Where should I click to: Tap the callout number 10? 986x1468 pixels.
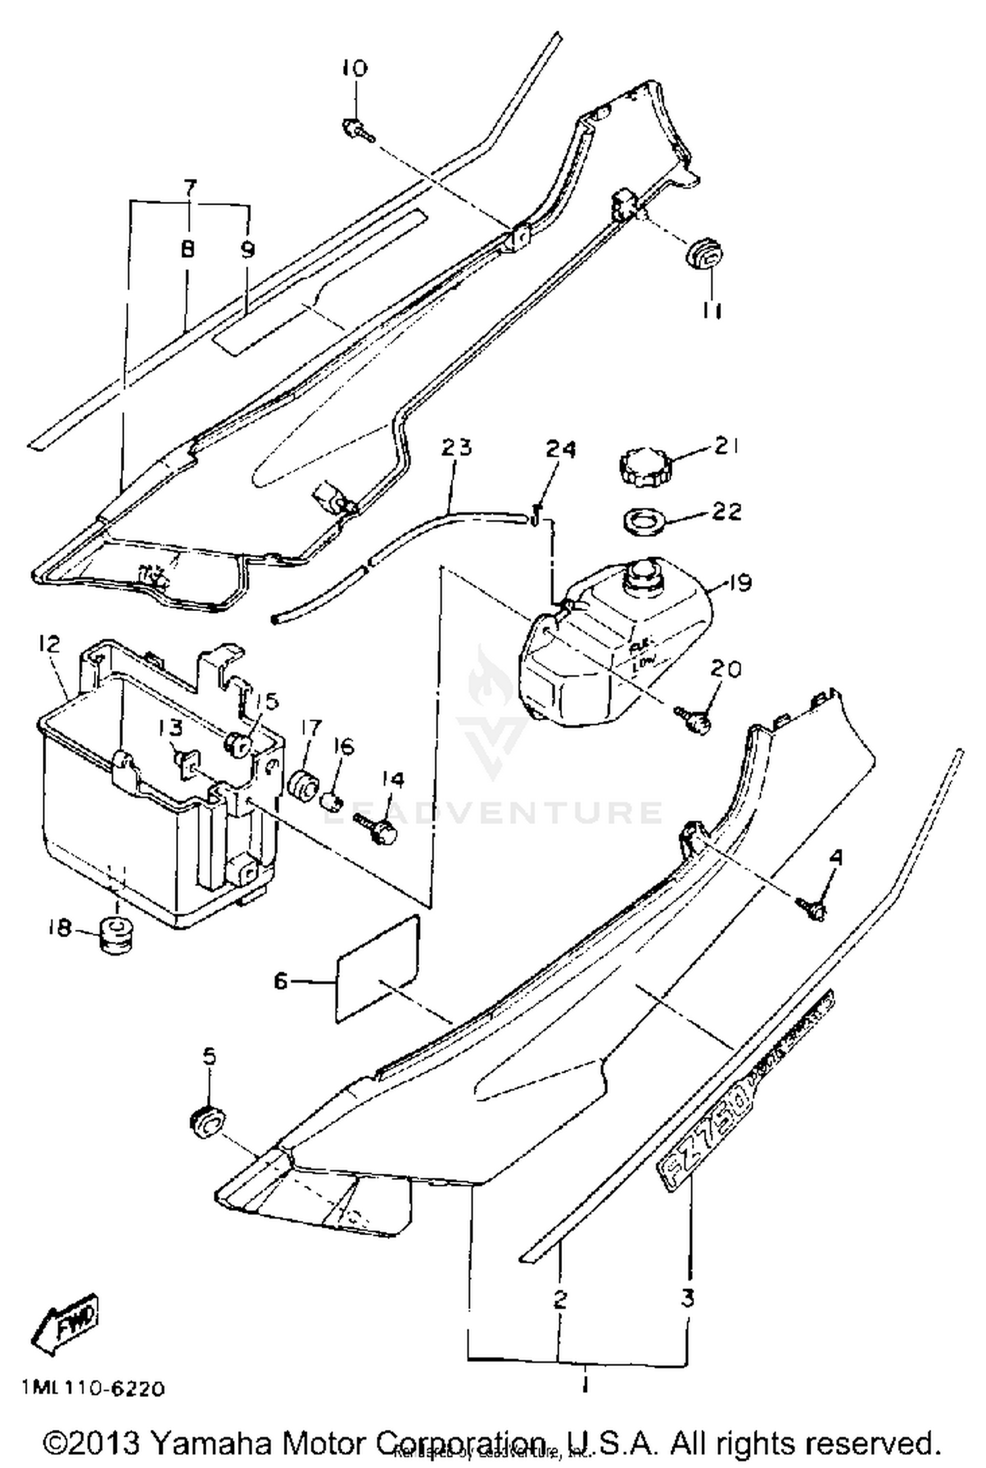[x=355, y=68]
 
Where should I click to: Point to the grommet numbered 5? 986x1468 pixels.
[x=207, y=1122]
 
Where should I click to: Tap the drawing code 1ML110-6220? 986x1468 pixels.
[x=93, y=1389]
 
